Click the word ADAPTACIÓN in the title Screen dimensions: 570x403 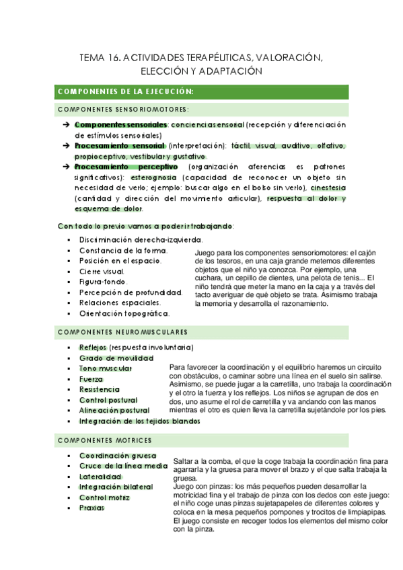pos(227,71)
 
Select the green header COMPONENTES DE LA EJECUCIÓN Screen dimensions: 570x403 pos(126,91)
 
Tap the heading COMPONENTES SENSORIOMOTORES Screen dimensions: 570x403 pos(123,109)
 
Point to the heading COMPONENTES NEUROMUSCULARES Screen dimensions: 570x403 pos(123,332)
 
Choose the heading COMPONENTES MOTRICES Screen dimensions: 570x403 pos(105,440)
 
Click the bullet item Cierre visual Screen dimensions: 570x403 pos(102,271)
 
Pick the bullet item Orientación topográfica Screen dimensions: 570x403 pos(124,313)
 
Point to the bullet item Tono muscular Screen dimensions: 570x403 pos(105,368)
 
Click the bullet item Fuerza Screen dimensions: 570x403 pos(91,378)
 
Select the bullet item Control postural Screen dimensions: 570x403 pos(109,400)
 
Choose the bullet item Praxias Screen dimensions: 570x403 pos(91,508)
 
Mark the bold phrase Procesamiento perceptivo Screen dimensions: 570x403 pos(126,167)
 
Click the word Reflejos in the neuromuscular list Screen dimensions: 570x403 pos(93,347)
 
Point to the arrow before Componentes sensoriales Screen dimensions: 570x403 pos(66,125)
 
